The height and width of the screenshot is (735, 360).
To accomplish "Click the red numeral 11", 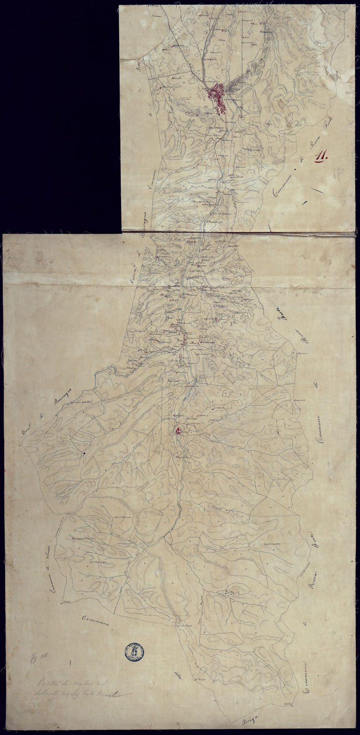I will pos(320,157).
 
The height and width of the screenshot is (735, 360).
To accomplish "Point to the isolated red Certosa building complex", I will pos(177,431).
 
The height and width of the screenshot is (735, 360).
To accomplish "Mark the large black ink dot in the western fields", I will pos(85,454).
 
